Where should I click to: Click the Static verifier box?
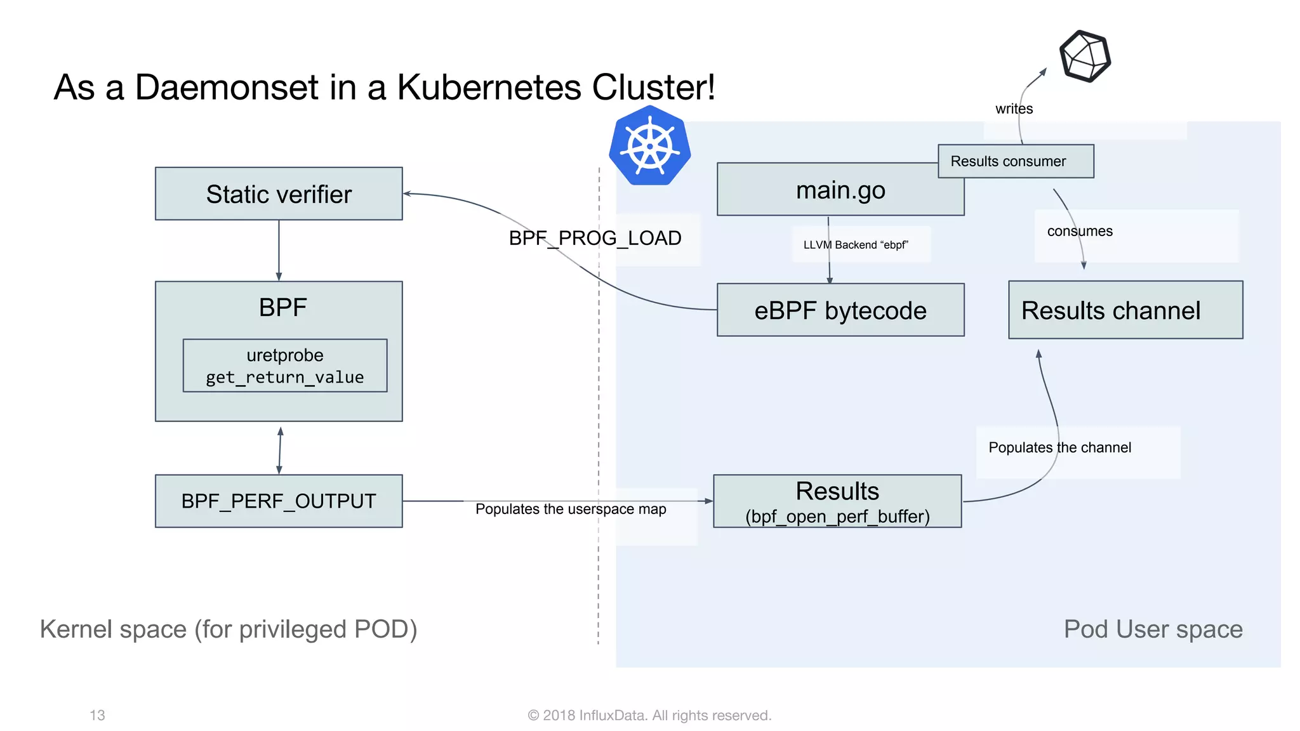[279, 194]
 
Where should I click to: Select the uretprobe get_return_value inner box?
[284, 365]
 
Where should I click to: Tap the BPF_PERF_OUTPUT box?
[279, 501]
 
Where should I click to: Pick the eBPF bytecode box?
[840, 310]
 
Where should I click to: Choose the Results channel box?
[1125, 310]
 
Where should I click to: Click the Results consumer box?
[1015, 161]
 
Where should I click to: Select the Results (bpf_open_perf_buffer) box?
[837, 501]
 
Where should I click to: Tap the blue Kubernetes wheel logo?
[649, 147]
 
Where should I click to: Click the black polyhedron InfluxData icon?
[1085, 56]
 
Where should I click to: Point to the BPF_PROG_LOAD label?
[595, 238]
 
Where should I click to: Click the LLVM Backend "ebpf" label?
[855, 245]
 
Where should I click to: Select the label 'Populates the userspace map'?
[570, 509]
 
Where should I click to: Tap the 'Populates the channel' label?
[1059, 447]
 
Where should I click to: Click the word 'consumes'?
[1079, 231]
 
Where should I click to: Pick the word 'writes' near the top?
[1014, 109]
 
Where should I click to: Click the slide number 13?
[97, 715]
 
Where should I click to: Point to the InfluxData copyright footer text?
[649, 715]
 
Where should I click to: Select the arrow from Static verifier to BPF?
[279, 251]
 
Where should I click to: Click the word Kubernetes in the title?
[489, 87]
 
